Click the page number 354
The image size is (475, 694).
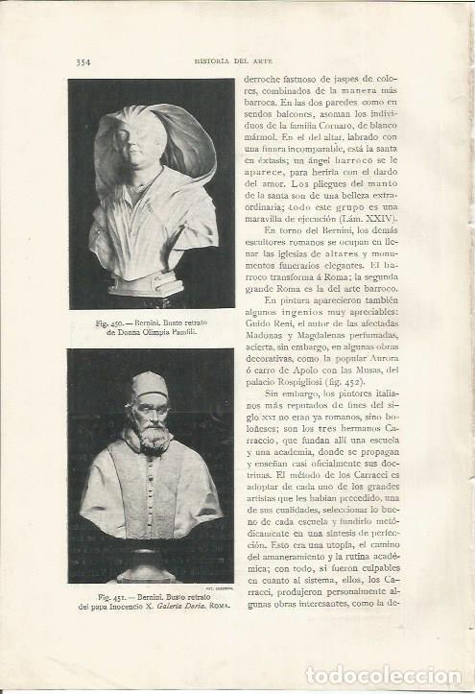(x=83, y=63)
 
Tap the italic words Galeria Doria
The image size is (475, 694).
(x=188, y=610)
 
